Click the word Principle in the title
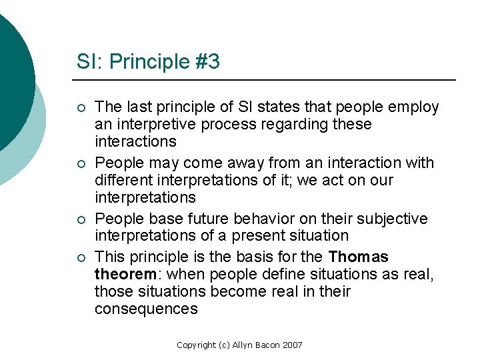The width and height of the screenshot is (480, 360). coord(139,62)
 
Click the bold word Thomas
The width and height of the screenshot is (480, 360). coord(358,257)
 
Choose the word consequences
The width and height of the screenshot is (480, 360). coord(146,309)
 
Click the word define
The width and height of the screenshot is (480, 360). coord(257,275)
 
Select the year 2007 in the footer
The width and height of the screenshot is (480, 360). coord(292,345)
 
